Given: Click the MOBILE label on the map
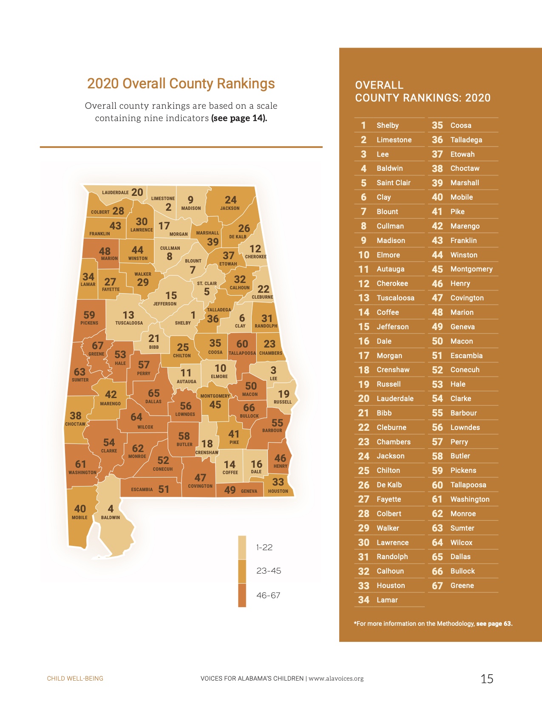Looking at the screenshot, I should (79, 517).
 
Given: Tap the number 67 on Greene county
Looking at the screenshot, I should (98, 345).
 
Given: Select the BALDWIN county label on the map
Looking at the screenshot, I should (111, 517).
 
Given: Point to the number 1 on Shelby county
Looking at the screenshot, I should (193, 315).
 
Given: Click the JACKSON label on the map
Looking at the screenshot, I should (230, 208).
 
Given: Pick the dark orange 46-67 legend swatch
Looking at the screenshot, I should (242, 595).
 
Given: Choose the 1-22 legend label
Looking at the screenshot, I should (264, 547).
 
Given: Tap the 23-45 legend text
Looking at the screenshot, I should (269, 571).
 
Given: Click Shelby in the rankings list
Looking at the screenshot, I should (387, 125).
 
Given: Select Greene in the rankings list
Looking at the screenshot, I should (462, 585).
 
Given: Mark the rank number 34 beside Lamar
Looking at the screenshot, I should (363, 600).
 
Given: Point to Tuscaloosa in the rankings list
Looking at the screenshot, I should (395, 298).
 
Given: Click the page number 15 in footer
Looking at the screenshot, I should (487, 678).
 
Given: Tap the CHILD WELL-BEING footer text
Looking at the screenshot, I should (75, 678).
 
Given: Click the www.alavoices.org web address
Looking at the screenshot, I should (336, 678).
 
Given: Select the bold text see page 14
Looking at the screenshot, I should (239, 118).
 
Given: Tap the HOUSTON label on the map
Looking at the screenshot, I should (278, 491).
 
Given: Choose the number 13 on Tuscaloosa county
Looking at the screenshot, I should (128, 315).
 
